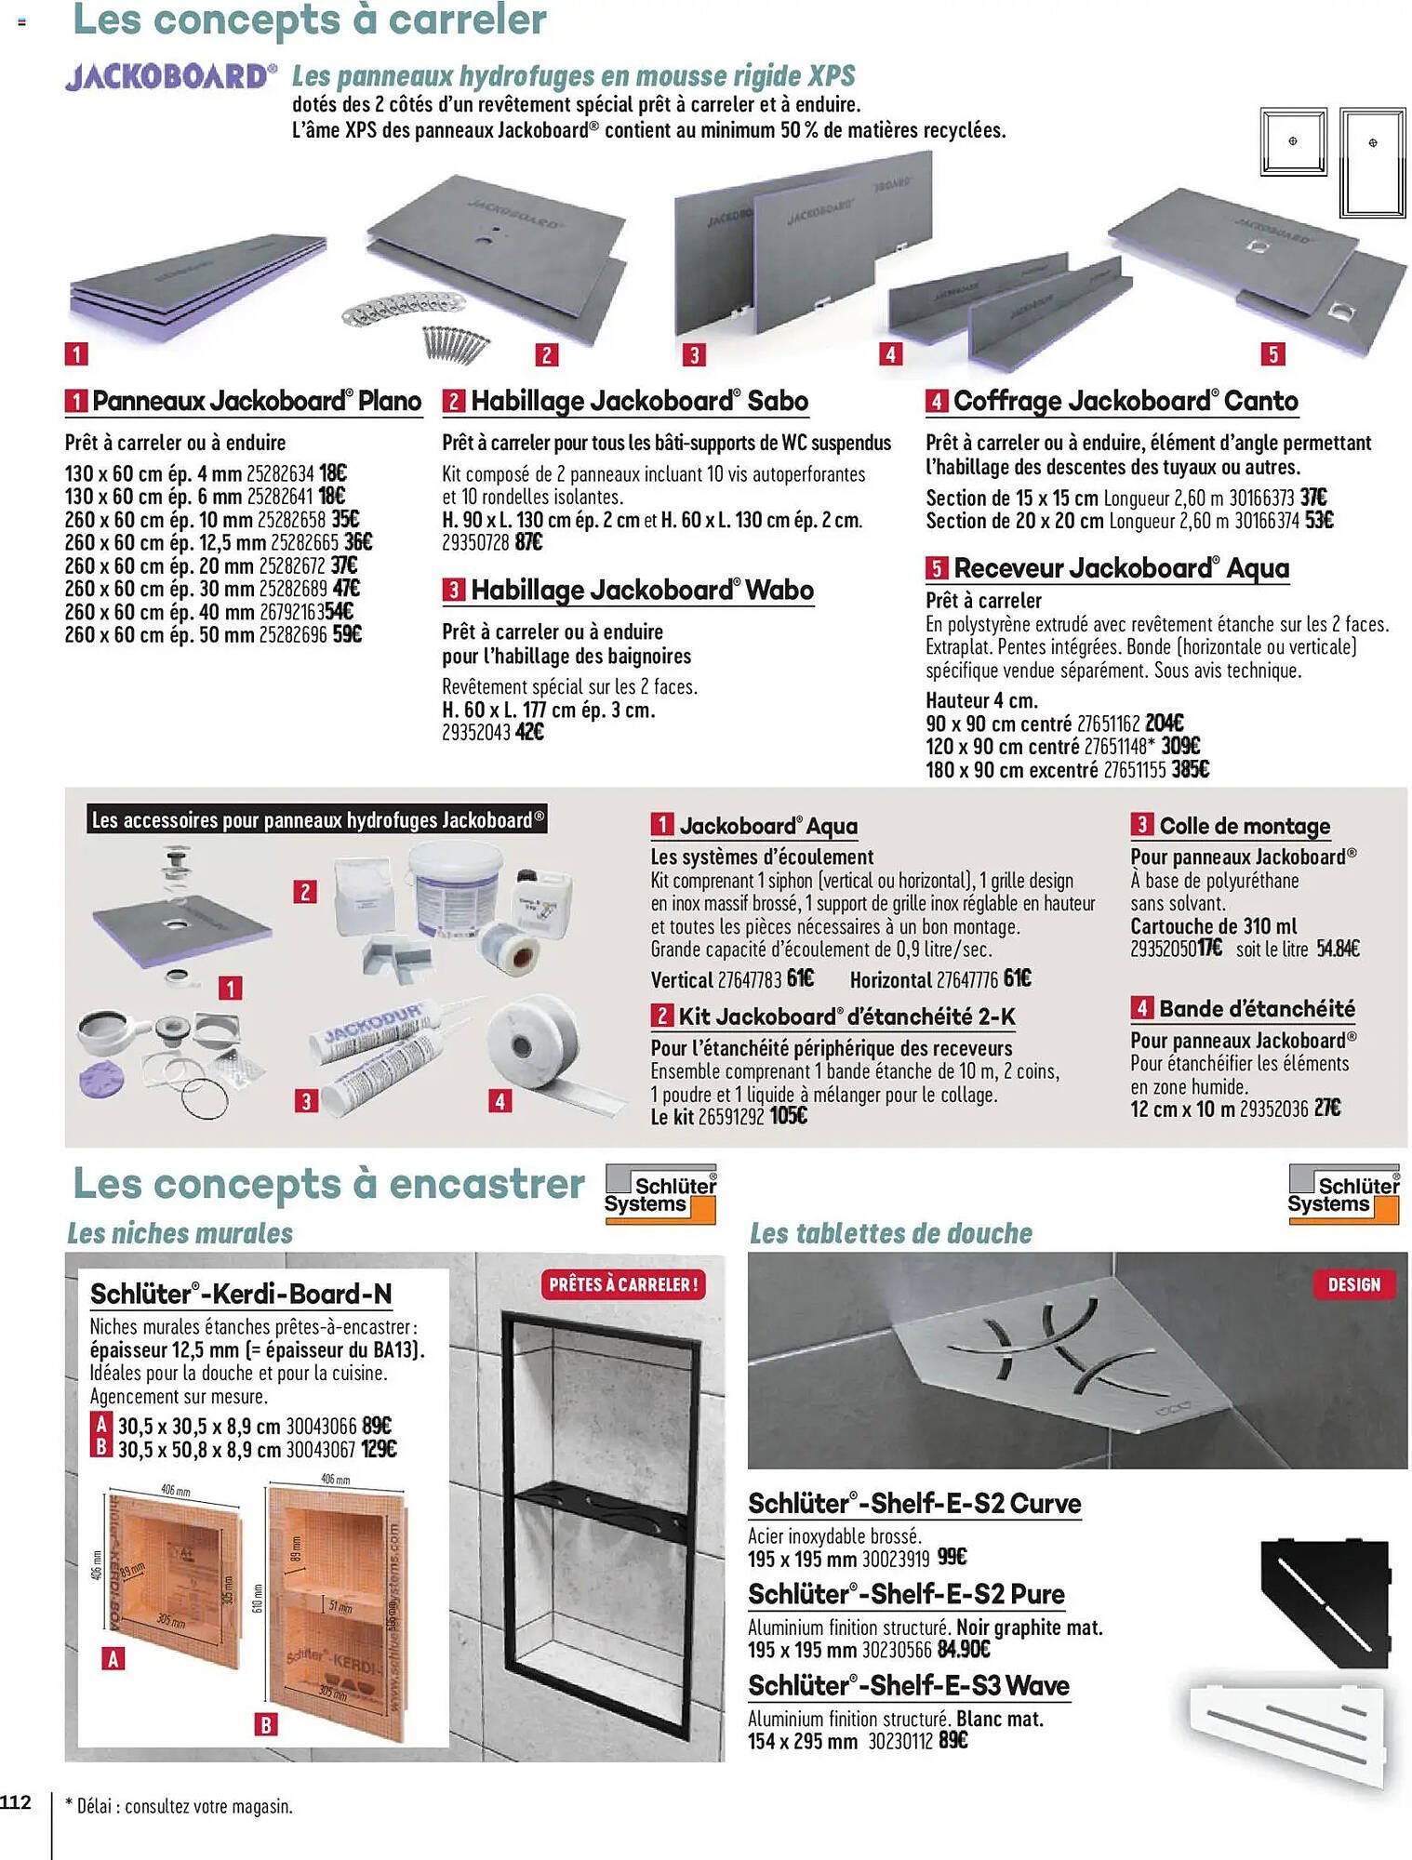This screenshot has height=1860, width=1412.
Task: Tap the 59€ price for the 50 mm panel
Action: (347, 635)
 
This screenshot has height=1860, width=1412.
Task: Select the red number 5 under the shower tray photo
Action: (1272, 354)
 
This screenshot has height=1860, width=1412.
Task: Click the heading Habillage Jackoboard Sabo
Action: (638, 402)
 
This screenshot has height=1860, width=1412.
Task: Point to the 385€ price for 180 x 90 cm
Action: (1190, 770)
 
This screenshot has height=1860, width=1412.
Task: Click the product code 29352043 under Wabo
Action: (475, 733)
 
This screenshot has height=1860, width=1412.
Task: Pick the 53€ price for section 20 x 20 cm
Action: (1319, 521)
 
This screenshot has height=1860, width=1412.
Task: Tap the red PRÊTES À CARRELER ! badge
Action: (622, 1284)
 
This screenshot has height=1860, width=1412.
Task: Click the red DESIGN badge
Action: (1353, 1284)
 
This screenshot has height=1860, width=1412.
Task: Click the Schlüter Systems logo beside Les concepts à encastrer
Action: (660, 1194)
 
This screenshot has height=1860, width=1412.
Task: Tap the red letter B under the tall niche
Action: (266, 1725)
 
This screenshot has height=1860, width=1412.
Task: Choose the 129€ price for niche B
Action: (379, 1449)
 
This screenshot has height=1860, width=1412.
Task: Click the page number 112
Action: (16, 1802)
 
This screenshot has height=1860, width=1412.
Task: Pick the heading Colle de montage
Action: (1244, 826)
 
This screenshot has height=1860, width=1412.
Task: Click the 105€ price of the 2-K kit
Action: (789, 1116)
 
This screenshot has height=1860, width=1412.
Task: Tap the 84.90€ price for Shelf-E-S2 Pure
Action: (964, 1650)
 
